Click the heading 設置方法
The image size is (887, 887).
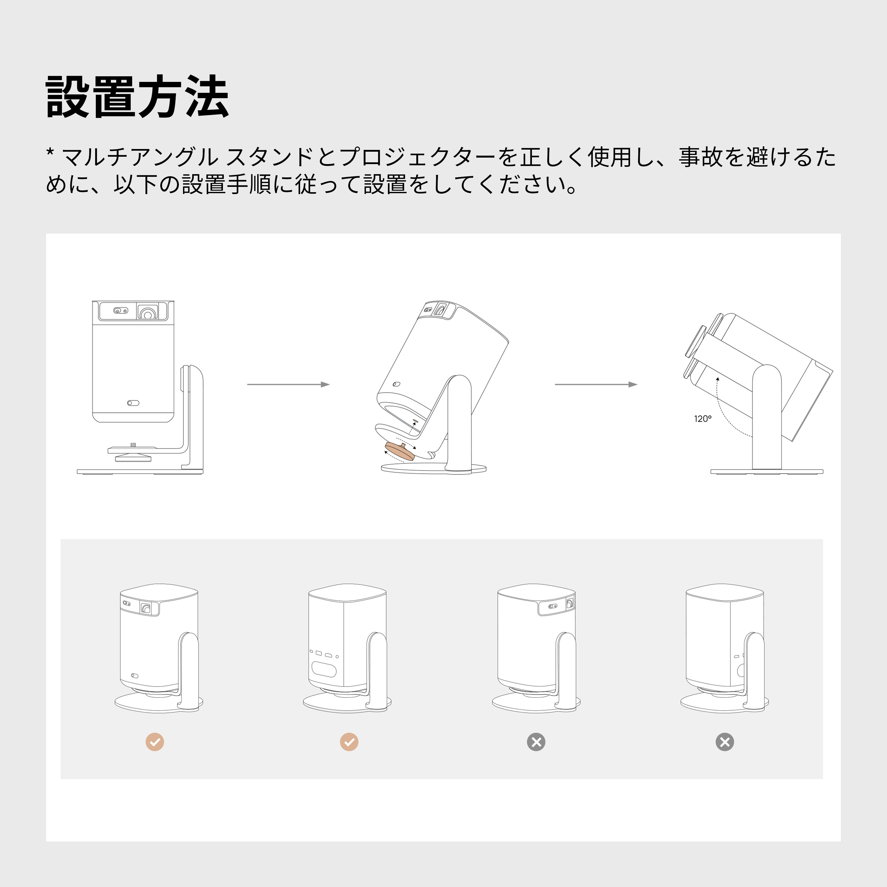(137, 97)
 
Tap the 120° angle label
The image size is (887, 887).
(703, 419)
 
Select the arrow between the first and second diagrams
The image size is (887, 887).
(288, 384)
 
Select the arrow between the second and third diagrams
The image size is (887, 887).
(596, 384)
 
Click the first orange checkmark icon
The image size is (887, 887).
(155, 742)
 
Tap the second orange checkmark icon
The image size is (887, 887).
(349, 742)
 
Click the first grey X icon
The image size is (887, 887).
(536, 742)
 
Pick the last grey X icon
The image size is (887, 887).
(724, 742)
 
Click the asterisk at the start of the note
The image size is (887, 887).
(51, 153)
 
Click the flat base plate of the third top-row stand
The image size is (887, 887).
(766, 472)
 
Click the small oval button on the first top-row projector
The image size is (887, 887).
(133, 403)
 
